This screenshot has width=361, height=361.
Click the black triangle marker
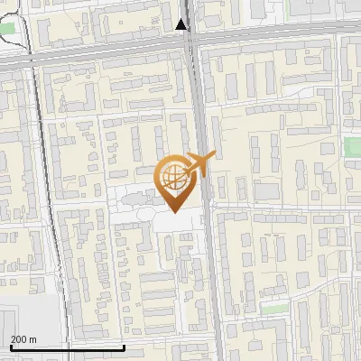pyautogui.click(x=183, y=25)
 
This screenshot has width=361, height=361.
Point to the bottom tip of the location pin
pyautogui.click(x=174, y=213)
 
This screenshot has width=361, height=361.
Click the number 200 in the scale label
pyautogui.click(x=19, y=339)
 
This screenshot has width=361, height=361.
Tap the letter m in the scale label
pyautogui.click(x=32, y=339)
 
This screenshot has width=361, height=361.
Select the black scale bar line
pyautogui.click(x=67, y=347)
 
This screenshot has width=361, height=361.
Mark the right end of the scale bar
pyautogui.click(x=124, y=346)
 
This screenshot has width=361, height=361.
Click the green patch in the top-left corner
pyautogui.click(x=8, y=29)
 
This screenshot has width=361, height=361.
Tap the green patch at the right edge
pyautogui.click(x=352, y=146)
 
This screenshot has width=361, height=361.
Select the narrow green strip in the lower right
pyautogui.click(x=268, y=307)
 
